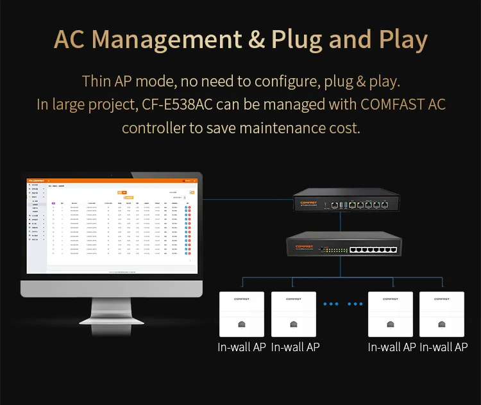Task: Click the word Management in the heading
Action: [x=175, y=40]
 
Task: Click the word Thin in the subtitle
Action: [x=97, y=82]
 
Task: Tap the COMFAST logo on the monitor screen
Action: [x=35, y=180]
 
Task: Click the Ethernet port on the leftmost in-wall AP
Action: [x=242, y=325]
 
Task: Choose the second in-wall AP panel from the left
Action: [x=294, y=314]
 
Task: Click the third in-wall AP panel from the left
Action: [x=391, y=314]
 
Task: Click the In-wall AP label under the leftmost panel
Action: [x=242, y=347]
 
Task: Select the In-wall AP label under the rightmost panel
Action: [x=444, y=347]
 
